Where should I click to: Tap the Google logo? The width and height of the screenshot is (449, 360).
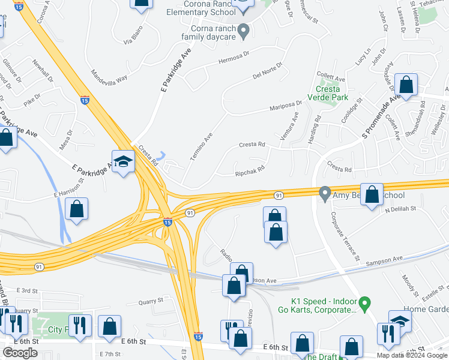pyautogui.click(x=20, y=352)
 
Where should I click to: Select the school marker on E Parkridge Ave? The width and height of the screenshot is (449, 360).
pyautogui.click(x=124, y=162)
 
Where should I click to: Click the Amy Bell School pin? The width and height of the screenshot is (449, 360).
pyautogui.click(x=325, y=194)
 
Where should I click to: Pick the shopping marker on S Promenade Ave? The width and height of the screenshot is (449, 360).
pyautogui.click(x=406, y=86)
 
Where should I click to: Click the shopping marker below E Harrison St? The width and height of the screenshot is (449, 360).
pyautogui.click(x=77, y=210)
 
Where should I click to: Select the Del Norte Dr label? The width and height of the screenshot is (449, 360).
pyautogui.click(x=267, y=71)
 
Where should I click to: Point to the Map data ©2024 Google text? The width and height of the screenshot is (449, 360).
pyautogui.click(x=411, y=355)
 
